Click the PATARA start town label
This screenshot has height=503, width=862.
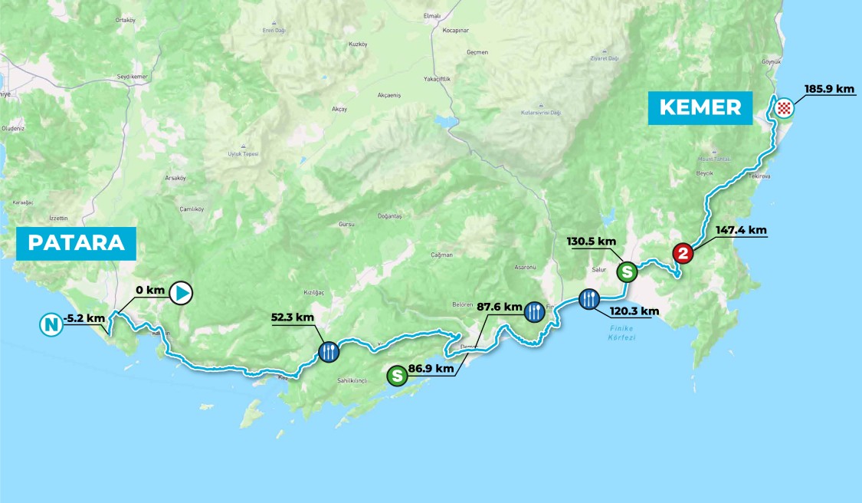(x=77, y=242)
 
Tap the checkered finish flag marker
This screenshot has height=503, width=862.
(x=782, y=107)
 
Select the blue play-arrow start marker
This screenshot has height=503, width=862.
(x=181, y=292)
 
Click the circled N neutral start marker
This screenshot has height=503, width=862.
(x=51, y=325)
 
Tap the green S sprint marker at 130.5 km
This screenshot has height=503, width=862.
(x=627, y=271)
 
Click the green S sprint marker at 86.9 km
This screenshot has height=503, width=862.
(x=397, y=376)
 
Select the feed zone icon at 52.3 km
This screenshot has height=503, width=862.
(x=328, y=352)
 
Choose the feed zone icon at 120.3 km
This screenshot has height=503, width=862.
(x=588, y=298)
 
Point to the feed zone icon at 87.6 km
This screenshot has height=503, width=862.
(x=535, y=311)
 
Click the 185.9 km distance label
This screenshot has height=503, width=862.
(x=829, y=89)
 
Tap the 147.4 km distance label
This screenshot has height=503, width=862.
(x=741, y=229)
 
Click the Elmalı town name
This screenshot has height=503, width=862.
(x=432, y=15)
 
